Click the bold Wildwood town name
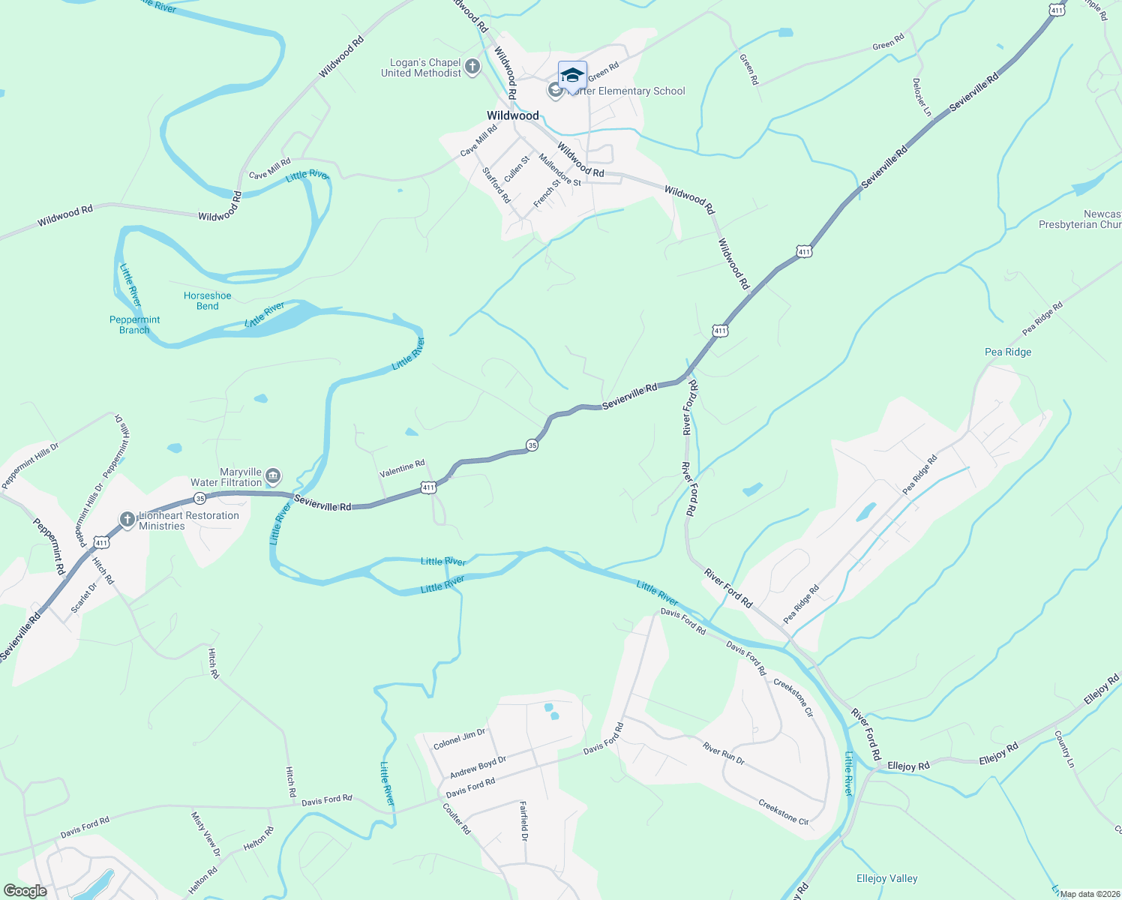pyautogui.click(x=513, y=115)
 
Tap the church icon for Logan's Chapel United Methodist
pyautogui.click(x=472, y=67)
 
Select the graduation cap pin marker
pyautogui.click(x=572, y=76)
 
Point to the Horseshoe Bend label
pyautogui.click(x=208, y=301)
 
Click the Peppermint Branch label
pyautogui.click(x=135, y=325)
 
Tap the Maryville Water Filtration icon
pyautogui.click(x=273, y=476)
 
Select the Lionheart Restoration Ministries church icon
pyautogui.click(x=127, y=519)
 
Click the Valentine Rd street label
pyautogui.click(x=402, y=469)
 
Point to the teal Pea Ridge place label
pyautogui.click(x=1008, y=352)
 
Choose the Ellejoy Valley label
pyautogui.click(x=886, y=878)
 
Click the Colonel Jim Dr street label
pyautogui.click(x=459, y=739)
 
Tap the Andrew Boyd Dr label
pyautogui.click(x=478, y=767)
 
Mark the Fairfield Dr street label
pyautogui.click(x=524, y=820)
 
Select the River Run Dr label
pyautogui.click(x=723, y=753)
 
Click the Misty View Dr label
pyautogui.click(x=205, y=834)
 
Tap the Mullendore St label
pyautogui.click(x=559, y=170)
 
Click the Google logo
pyautogui.click(x=25, y=891)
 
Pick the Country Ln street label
pyautogui.click(x=1064, y=749)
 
